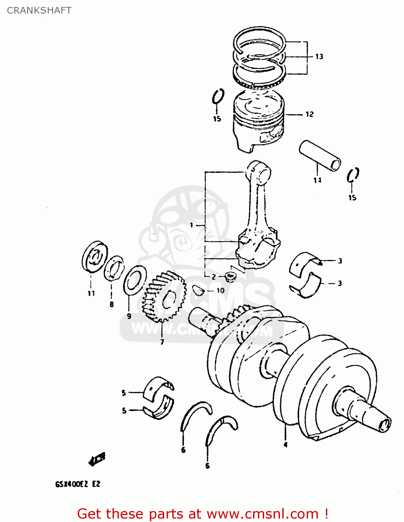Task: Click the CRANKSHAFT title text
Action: click(x=39, y=10)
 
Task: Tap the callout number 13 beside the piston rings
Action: click(x=319, y=56)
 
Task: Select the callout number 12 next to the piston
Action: click(x=310, y=114)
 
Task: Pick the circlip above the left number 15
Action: click(x=218, y=96)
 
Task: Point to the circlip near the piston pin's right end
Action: click(x=353, y=175)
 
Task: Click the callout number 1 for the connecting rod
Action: click(x=191, y=225)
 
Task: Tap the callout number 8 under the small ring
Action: click(x=112, y=304)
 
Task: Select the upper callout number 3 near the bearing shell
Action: click(x=340, y=261)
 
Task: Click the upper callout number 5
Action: click(x=124, y=393)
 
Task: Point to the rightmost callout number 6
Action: click(x=207, y=466)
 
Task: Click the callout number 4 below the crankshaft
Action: click(x=285, y=444)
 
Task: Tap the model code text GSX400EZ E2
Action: click(x=77, y=484)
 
